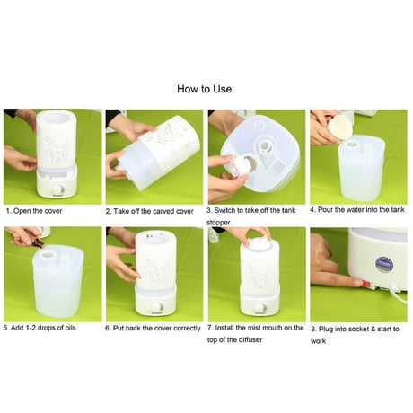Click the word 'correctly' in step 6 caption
coord(182,328)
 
